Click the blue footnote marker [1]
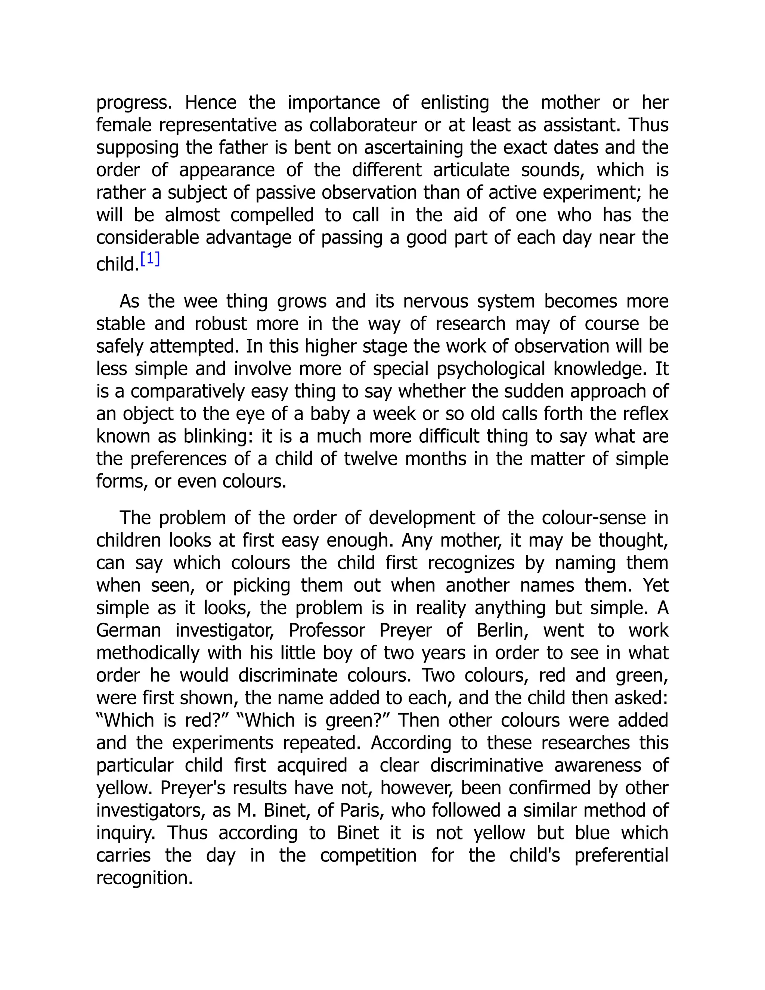tap(150, 259)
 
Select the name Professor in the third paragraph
tap(327, 631)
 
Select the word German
tap(129, 631)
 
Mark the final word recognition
tap(145, 878)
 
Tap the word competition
tap(368, 856)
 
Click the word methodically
tap(148, 653)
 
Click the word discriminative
tap(486, 765)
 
